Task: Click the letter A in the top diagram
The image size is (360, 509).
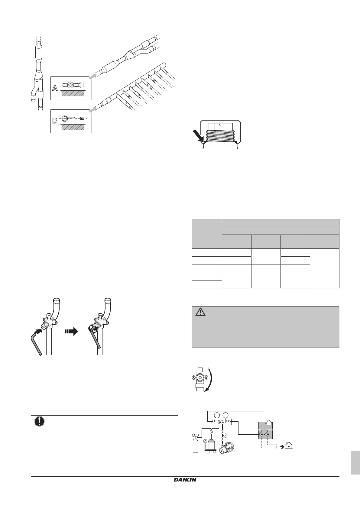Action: (x=55, y=88)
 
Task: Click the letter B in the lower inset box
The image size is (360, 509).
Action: (x=55, y=121)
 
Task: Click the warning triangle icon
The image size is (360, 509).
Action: (x=200, y=312)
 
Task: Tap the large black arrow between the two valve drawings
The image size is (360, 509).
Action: (x=71, y=332)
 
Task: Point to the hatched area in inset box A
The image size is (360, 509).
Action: (x=73, y=94)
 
